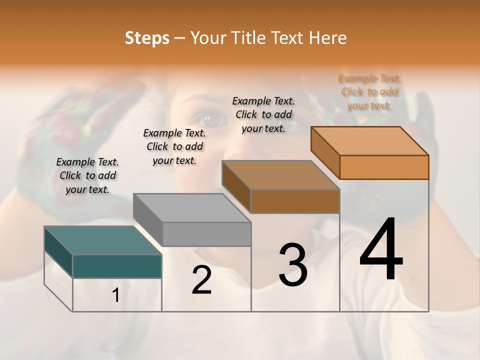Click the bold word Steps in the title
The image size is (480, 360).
147,38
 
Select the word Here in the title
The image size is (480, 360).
328,38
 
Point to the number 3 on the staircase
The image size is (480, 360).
293,265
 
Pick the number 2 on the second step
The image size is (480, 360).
201,280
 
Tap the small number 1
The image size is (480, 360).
116,295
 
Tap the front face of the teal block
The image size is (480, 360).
117,266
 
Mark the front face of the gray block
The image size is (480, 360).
206,234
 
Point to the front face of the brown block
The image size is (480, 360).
295,201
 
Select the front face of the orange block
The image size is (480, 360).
384,167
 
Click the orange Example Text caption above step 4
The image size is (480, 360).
369,92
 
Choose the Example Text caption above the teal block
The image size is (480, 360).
87,175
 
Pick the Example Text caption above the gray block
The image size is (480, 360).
174,146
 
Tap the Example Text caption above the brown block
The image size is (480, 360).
263,114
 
